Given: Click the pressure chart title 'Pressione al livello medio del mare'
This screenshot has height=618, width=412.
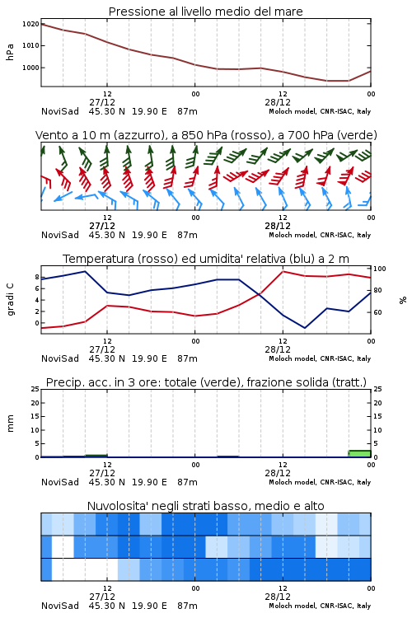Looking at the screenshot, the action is [205, 12].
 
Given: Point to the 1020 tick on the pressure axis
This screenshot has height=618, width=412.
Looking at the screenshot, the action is [30, 24].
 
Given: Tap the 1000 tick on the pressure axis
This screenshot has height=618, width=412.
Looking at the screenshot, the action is [30, 68].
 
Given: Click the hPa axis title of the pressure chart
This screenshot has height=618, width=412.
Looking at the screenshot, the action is [10, 52].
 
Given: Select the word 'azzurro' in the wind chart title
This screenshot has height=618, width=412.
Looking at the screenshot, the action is [138, 136].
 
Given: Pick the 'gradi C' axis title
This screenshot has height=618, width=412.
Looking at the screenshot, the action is [11, 299].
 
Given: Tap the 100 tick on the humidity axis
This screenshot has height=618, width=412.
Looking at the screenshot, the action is [380, 269].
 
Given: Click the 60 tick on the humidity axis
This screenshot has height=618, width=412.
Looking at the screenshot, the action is [377, 312].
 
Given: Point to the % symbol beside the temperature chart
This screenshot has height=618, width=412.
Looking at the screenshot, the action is [403, 300].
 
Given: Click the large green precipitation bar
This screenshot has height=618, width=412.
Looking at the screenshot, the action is [359, 454].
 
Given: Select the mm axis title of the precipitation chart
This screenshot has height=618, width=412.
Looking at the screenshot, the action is [11, 424].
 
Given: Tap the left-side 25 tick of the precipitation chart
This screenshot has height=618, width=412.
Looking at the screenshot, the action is [35, 389].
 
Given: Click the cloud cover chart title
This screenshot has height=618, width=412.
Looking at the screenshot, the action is [205, 506].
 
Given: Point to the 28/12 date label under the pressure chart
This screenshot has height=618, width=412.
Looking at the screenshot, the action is [278, 102].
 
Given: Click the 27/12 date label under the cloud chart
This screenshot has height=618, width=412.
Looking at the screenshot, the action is [102, 597].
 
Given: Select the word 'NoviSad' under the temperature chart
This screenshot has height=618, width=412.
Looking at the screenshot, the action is [60, 358].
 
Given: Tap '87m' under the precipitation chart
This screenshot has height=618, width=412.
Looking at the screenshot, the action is [187, 482].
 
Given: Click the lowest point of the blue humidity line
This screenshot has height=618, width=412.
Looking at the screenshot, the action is [305, 328].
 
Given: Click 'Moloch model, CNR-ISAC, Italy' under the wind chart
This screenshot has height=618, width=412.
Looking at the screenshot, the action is [320, 236].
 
